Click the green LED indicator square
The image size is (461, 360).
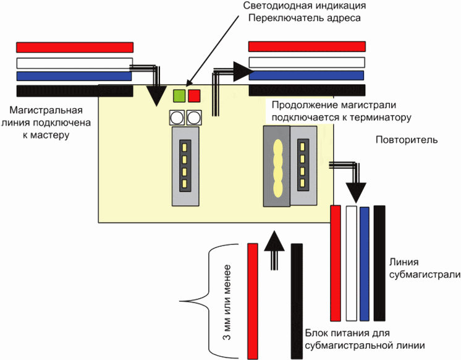point(179,96)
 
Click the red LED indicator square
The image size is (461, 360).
point(194,96)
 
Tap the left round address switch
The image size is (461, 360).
point(177,118)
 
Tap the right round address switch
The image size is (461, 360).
point(194,118)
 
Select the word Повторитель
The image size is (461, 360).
point(407,140)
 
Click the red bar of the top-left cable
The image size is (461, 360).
point(75,47)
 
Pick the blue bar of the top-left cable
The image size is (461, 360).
point(74,76)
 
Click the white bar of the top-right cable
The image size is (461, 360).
point(307,62)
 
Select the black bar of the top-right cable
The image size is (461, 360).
point(307,90)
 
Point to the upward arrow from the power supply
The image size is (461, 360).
point(274,250)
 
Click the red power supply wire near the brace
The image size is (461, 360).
point(253,301)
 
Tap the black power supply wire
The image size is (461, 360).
point(297,301)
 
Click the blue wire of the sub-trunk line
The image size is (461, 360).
point(364,264)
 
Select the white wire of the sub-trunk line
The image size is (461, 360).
point(352,263)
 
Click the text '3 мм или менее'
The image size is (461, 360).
point(226,302)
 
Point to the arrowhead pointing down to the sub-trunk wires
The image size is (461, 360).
point(356,192)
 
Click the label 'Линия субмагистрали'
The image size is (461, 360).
point(425,268)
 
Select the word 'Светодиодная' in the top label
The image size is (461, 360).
point(276,6)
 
